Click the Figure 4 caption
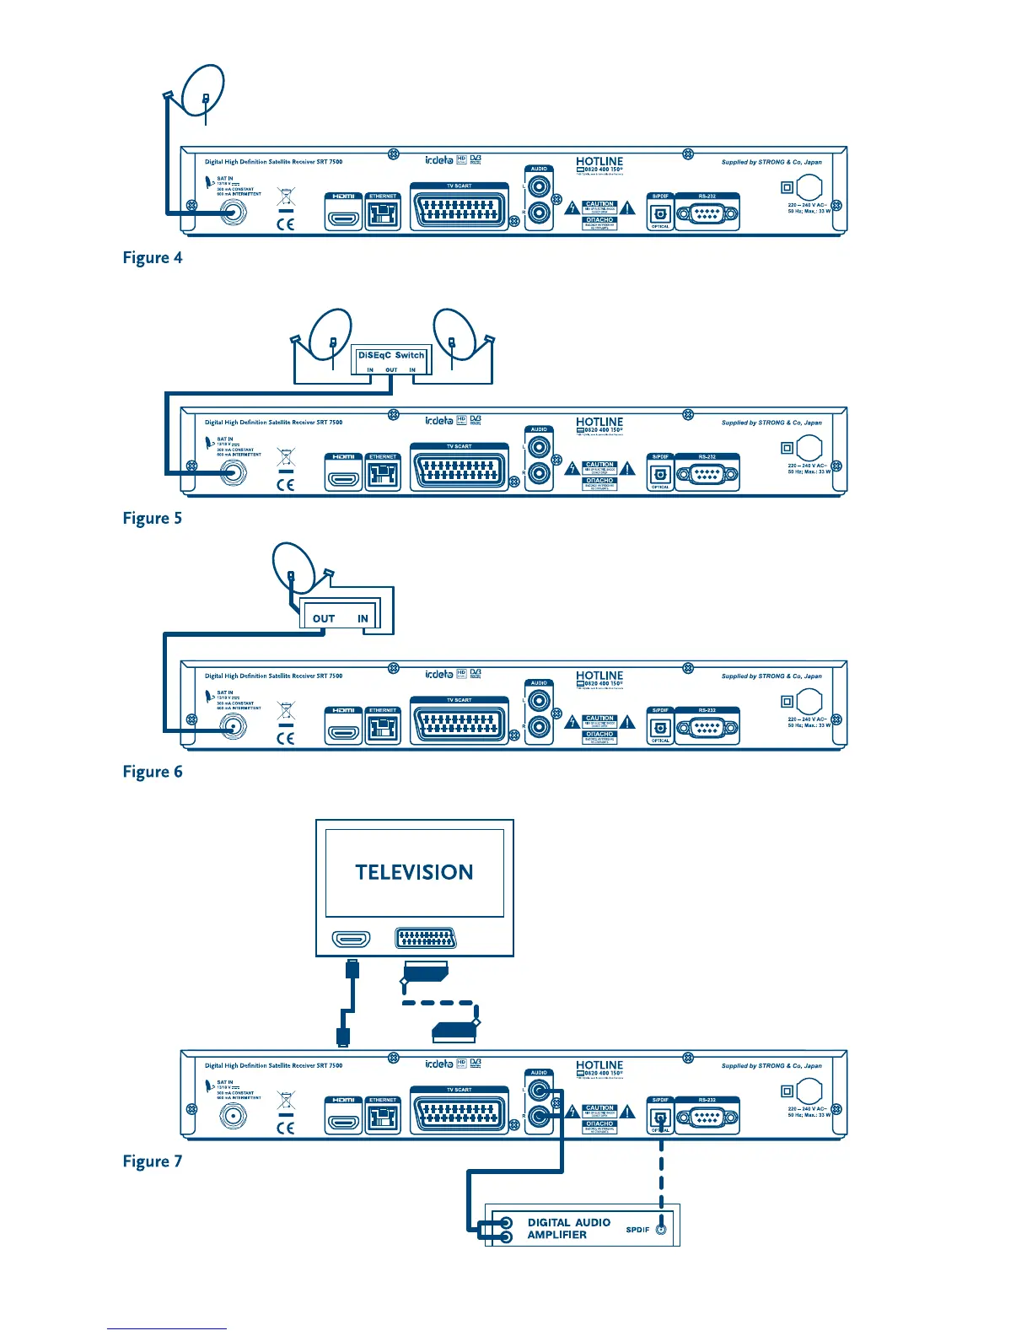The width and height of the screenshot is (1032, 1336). click(153, 258)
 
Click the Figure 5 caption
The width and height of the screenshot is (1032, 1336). click(153, 519)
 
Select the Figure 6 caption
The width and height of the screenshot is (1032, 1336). click(153, 772)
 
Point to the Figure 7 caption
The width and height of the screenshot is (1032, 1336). click(153, 1161)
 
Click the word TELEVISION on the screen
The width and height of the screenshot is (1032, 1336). click(414, 872)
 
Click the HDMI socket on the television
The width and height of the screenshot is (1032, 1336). click(352, 939)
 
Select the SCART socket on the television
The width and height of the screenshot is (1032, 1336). click(427, 939)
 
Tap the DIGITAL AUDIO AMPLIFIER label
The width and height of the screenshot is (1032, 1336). click(568, 1228)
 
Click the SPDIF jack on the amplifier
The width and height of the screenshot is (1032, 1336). click(661, 1230)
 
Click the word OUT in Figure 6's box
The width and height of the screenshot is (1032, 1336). click(324, 618)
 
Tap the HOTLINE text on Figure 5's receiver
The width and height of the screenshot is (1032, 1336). click(599, 422)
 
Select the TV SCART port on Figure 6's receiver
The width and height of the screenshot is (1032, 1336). click(460, 725)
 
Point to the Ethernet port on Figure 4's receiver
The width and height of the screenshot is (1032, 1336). click(383, 213)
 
